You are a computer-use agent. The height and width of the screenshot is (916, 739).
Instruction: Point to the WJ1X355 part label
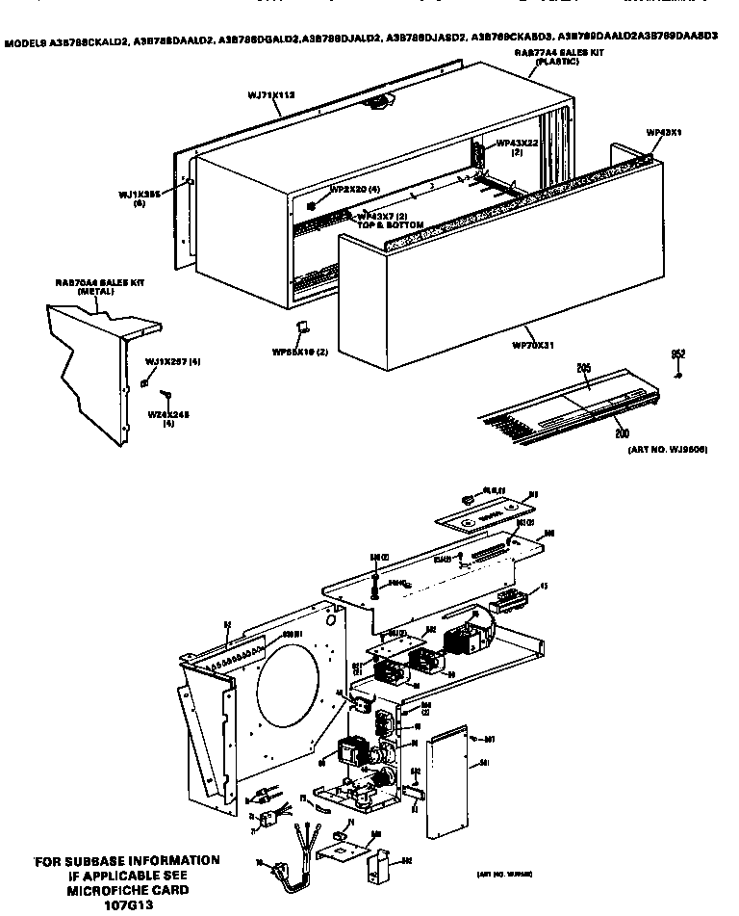139,193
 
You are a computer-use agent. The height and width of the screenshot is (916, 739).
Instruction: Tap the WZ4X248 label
167,414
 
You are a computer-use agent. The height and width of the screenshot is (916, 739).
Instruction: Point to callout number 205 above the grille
582,367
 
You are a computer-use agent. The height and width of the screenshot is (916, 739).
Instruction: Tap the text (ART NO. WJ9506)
667,450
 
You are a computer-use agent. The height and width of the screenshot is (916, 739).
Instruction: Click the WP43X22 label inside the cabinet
517,144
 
